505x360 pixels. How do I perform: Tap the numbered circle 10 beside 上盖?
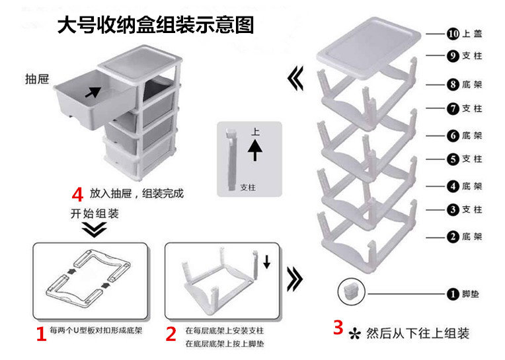click(451, 33)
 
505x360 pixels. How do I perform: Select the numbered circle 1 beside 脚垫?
click(451, 293)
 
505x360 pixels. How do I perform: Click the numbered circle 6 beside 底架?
click(451, 135)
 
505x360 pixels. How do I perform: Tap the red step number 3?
click(338, 327)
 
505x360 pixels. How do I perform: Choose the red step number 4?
click(77, 194)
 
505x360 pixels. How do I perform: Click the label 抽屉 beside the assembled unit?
click(37, 79)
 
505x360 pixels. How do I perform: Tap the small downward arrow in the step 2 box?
click(266, 262)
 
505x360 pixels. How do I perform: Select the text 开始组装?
click(95, 213)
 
